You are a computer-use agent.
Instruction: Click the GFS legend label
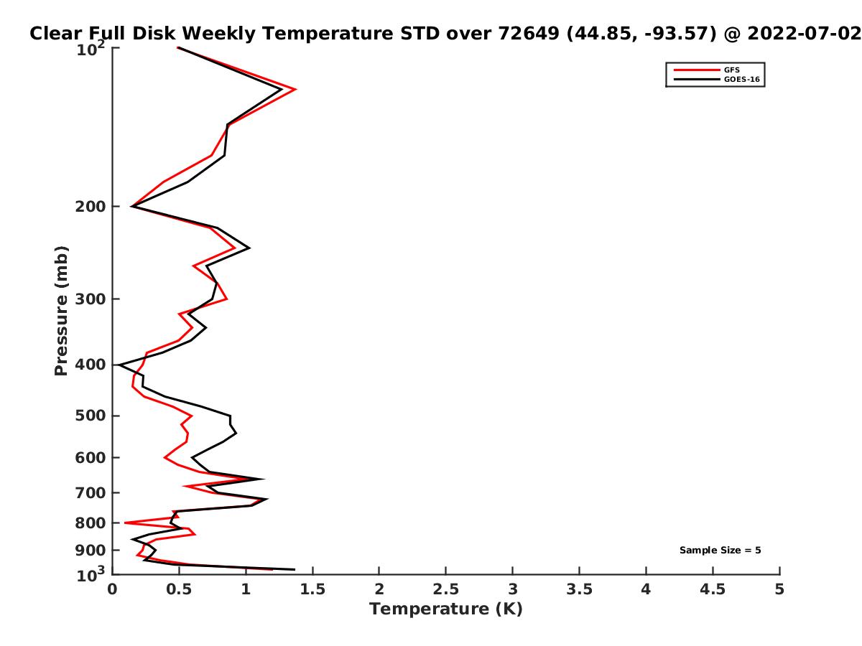[x=731, y=70]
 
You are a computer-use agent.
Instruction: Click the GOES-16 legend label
[x=742, y=79]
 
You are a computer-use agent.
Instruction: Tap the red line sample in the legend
[x=697, y=70]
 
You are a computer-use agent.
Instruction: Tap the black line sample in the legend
[x=697, y=79]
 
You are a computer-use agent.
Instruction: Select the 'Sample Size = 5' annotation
[x=720, y=550]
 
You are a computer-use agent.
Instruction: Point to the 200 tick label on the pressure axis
[x=91, y=206]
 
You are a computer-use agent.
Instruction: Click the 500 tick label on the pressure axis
[x=91, y=416]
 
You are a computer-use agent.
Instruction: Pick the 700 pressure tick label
[x=91, y=492]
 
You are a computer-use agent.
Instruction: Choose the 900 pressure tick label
[x=91, y=551]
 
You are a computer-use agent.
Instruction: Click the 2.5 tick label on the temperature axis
[x=446, y=589]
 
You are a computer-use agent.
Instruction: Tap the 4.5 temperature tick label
[x=713, y=589]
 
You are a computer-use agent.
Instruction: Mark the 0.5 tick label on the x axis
[x=179, y=589]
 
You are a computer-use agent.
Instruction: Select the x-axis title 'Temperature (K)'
[x=446, y=609]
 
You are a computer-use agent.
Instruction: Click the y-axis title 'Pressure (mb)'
[x=61, y=311]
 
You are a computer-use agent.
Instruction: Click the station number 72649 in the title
[x=528, y=33]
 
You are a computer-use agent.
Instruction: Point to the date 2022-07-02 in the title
[x=805, y=33]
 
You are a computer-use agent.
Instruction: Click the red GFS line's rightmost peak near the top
[x=295, y=90]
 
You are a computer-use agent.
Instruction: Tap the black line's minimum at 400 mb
[x=119, y=365]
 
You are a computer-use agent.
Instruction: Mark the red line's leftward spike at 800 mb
[x=124, y=523]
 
